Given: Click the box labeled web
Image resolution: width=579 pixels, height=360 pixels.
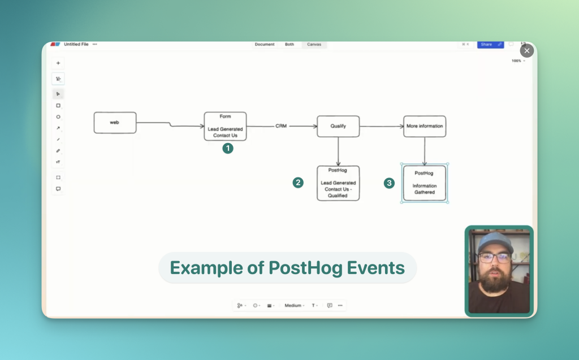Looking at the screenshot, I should click(x=115, y=123).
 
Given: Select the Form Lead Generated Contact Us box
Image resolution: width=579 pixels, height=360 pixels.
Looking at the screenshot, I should click(x=225, y=126).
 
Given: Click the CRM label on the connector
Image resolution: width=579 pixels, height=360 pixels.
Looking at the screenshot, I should click(x=281, y=126).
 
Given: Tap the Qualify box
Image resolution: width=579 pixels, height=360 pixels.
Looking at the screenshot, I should click(x=338, y=126).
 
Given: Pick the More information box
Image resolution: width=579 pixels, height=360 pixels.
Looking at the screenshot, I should click(x=425, y=126).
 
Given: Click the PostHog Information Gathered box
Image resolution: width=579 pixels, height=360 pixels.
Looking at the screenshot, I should click(x=424, y=183).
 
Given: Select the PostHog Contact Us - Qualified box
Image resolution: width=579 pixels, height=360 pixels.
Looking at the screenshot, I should click(x=338, y=183).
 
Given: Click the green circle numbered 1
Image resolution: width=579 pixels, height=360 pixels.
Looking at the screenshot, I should click(x=228, y=148).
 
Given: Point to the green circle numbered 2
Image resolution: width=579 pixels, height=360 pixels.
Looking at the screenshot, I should click(x=298, y=183).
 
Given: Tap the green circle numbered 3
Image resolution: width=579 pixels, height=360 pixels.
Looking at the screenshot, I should click(x=389, y=183).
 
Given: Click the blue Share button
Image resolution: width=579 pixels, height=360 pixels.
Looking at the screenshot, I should click(x=487, y=44).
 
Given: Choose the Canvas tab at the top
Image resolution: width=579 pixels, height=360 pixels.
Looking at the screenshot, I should click(x=314, y=44).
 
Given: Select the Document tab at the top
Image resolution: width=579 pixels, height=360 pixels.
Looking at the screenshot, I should click(x=265, y=44).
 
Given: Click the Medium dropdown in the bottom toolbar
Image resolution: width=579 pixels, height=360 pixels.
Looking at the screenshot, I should click(x=293, y=305).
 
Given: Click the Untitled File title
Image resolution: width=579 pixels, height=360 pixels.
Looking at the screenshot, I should click(x=76, y=44).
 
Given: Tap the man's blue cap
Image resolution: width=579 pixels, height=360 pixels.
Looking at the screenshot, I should click(x=495, y=241).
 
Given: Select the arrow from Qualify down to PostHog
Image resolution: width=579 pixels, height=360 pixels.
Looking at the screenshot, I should click(x=338, y=151).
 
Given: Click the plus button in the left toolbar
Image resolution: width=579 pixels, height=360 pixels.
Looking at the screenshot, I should click(x=58, y=63).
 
